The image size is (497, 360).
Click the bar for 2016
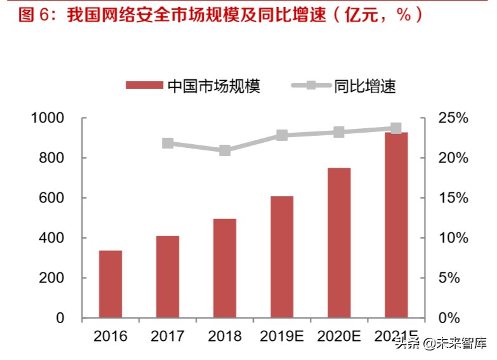click(110, 284)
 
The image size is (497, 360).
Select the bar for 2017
click(168, 277)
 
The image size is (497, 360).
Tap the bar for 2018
click(225, 268)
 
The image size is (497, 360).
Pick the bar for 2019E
click(282, 257)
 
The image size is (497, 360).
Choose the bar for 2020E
click(339, 243)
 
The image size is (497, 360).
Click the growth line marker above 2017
click(168, 143)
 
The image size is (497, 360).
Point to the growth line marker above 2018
click(225, 150)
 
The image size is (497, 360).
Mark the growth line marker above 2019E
click(282, 135)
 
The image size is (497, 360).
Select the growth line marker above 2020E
click(339, 132)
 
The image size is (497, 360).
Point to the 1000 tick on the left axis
click(48, 118)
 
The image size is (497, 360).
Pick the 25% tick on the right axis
click(453, 118)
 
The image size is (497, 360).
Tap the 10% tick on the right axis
click(453, 238)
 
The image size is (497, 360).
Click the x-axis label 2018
click(225, 336)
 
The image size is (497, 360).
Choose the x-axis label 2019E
click(282, 336)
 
